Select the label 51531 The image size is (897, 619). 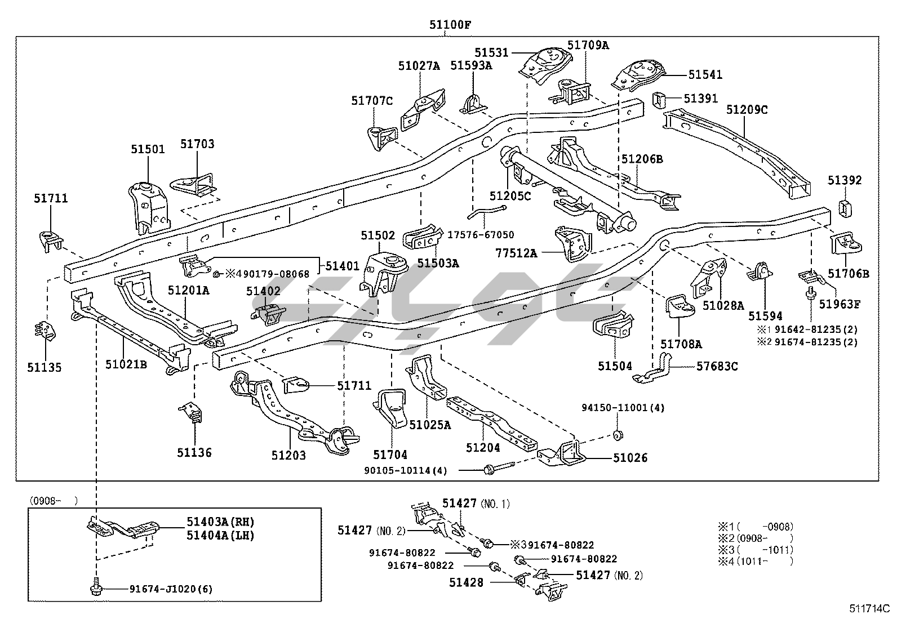[491, 53]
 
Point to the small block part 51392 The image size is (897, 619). [846, 208]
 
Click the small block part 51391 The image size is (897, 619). [659, 100]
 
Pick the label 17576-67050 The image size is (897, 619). [481, 235]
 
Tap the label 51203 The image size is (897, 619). [288, 455]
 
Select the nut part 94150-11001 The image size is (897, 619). [618, 434]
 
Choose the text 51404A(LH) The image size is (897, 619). [220, 535]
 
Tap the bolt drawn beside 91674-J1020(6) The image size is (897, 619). [95, 588]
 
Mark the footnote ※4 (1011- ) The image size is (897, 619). [755, 561]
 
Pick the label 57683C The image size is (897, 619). [717, 367]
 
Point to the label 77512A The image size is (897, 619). [516, 253]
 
